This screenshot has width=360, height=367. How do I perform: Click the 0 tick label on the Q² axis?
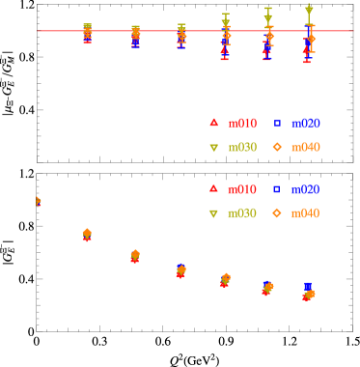[x=38, y=172]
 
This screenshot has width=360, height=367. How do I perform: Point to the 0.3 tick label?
[x=99, y=172]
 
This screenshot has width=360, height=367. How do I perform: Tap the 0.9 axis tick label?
[x=226, y=172]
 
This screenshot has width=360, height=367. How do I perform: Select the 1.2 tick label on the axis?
[x=289, y=172]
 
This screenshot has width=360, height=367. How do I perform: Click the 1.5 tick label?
[x=351, y=172]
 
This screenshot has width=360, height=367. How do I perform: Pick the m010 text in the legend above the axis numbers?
[x=242, y=124]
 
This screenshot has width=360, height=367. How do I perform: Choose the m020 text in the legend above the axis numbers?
[x=305, y=124]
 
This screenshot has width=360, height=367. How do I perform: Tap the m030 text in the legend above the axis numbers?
[x=242, y=148]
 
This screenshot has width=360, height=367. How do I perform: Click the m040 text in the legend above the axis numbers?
[x=305, y=148]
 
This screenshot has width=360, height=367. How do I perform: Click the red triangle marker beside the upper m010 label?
[x=214, y=123]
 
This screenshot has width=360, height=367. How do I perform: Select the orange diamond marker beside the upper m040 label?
[x=277, y=147]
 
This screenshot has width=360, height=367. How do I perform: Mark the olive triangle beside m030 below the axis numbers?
[x=214, y=213]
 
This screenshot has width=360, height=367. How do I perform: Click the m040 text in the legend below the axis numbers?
[x=305, y=212]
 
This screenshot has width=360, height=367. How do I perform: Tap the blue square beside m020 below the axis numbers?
[x=277, y=189]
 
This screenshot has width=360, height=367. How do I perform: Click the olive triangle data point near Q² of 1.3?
[x=309, y=11]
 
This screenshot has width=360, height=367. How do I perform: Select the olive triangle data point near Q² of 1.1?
[x=268, y=16]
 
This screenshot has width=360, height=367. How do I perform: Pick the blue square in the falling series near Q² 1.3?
[x=308, y=286]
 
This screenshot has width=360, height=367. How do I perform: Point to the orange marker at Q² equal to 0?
[x=39, y=201]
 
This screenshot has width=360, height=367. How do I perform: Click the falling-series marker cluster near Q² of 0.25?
[x=87, y=235]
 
